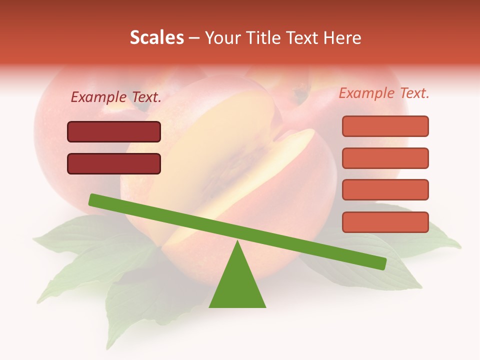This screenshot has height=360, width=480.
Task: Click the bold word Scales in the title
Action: tap(156, 37)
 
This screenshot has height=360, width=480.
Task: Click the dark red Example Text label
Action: tap(116, 97)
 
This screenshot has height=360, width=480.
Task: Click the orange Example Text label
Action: tap(384, 93)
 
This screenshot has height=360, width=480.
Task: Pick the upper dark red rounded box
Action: tap(114, 131)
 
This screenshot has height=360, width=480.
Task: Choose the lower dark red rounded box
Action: tap(114, 163)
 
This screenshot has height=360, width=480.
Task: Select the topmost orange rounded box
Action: tap(385, 126)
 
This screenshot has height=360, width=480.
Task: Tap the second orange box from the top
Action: tap(385, 158)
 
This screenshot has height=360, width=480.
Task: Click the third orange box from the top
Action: tap(385, 190)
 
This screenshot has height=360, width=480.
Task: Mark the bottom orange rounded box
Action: tap(385, 222)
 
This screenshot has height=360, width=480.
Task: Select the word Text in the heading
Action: tap(302, 37)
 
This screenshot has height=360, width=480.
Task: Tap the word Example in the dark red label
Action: tap(98, 97)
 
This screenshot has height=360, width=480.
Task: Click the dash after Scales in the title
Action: tap(194, 38)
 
